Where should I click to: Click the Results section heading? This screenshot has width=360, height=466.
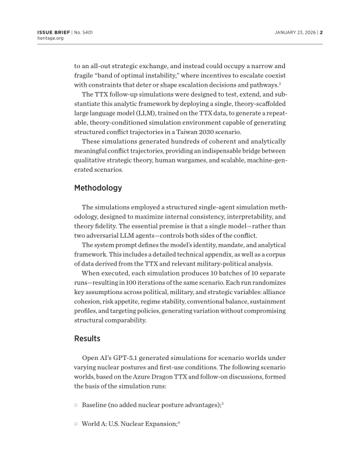click(x=87, y=338)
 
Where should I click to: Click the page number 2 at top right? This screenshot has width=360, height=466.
click(x=321, y=32)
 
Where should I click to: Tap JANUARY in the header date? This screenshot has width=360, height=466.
click(x=287, y=32)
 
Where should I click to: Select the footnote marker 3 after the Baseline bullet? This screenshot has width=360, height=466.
click(x=223, y=403)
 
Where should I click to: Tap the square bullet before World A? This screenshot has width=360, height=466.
click(x=76, y=425)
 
